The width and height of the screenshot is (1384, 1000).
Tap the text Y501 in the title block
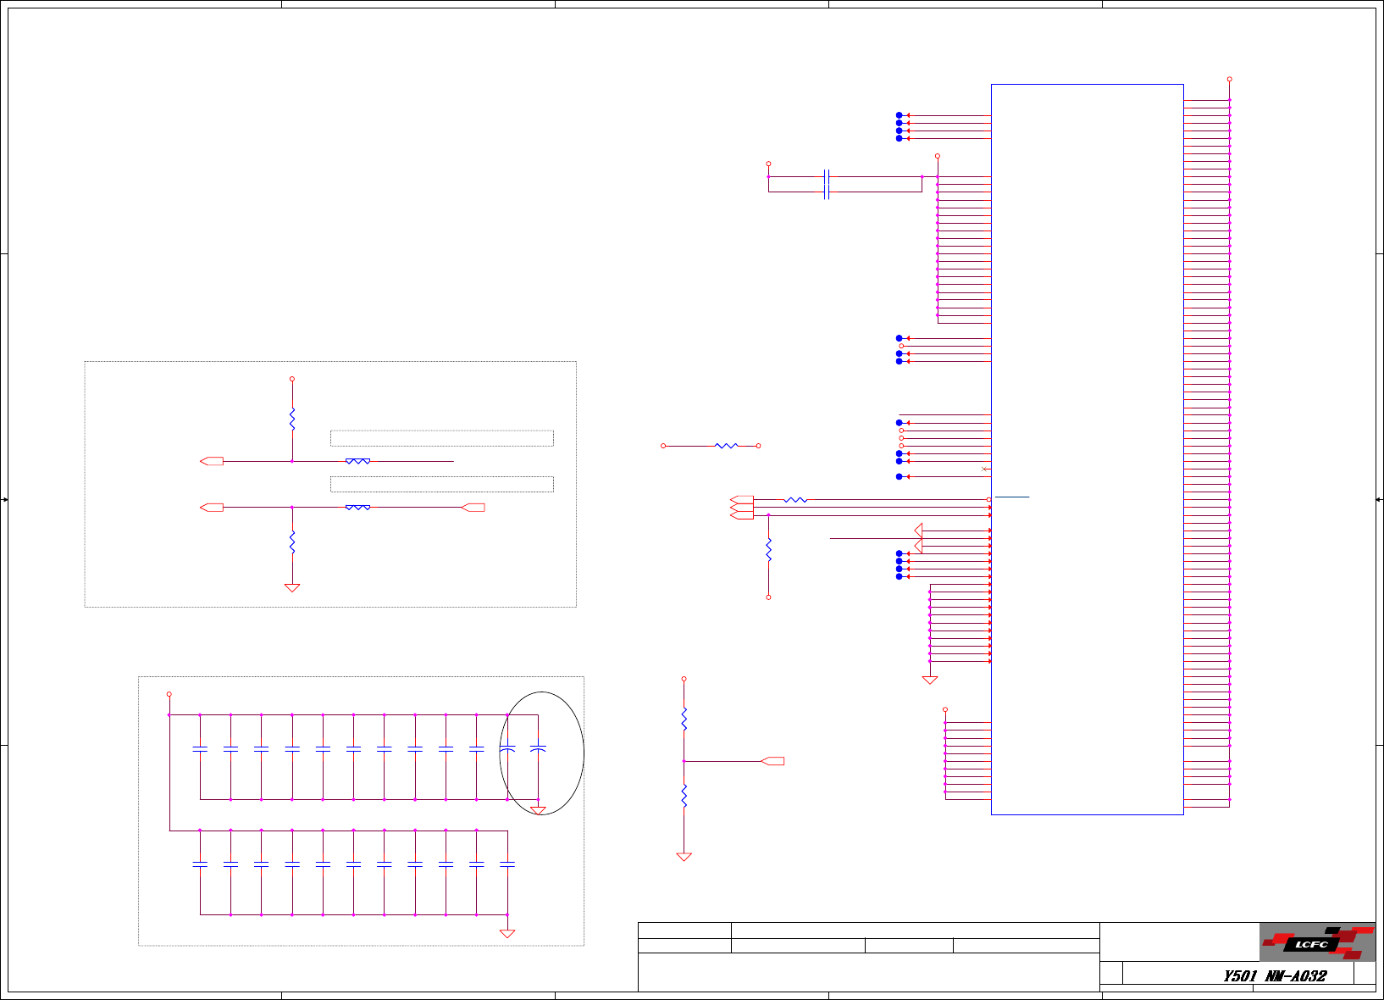coord(1240,975)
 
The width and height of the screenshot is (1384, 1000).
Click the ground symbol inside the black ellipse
coord(538,810)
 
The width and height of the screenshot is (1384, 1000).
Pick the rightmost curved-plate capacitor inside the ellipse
coord(538,749)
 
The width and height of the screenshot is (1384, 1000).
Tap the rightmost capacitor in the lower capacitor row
coord(507,864)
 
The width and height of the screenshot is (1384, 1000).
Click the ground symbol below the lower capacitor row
coord(507,933)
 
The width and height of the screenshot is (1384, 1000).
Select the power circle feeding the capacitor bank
coord(169,694)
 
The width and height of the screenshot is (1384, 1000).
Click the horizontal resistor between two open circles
coord(726,446)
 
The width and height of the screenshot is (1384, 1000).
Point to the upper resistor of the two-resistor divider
coord(684,719)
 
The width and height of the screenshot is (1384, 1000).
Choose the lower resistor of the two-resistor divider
coord(684,796)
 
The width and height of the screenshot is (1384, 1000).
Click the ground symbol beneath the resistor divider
coord(684,857)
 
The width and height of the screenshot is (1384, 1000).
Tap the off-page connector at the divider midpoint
coord(773,761)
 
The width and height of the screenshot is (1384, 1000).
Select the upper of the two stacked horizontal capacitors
coord(827,177)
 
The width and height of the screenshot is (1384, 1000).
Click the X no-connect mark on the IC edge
coord(983,469)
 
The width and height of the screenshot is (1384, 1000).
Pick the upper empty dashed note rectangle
coord(441,438)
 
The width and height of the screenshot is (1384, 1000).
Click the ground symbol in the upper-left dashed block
coord(292,587)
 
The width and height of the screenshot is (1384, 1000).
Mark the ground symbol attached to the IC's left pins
coord(930,680)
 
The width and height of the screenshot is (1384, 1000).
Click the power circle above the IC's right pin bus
coord(1229,79)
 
